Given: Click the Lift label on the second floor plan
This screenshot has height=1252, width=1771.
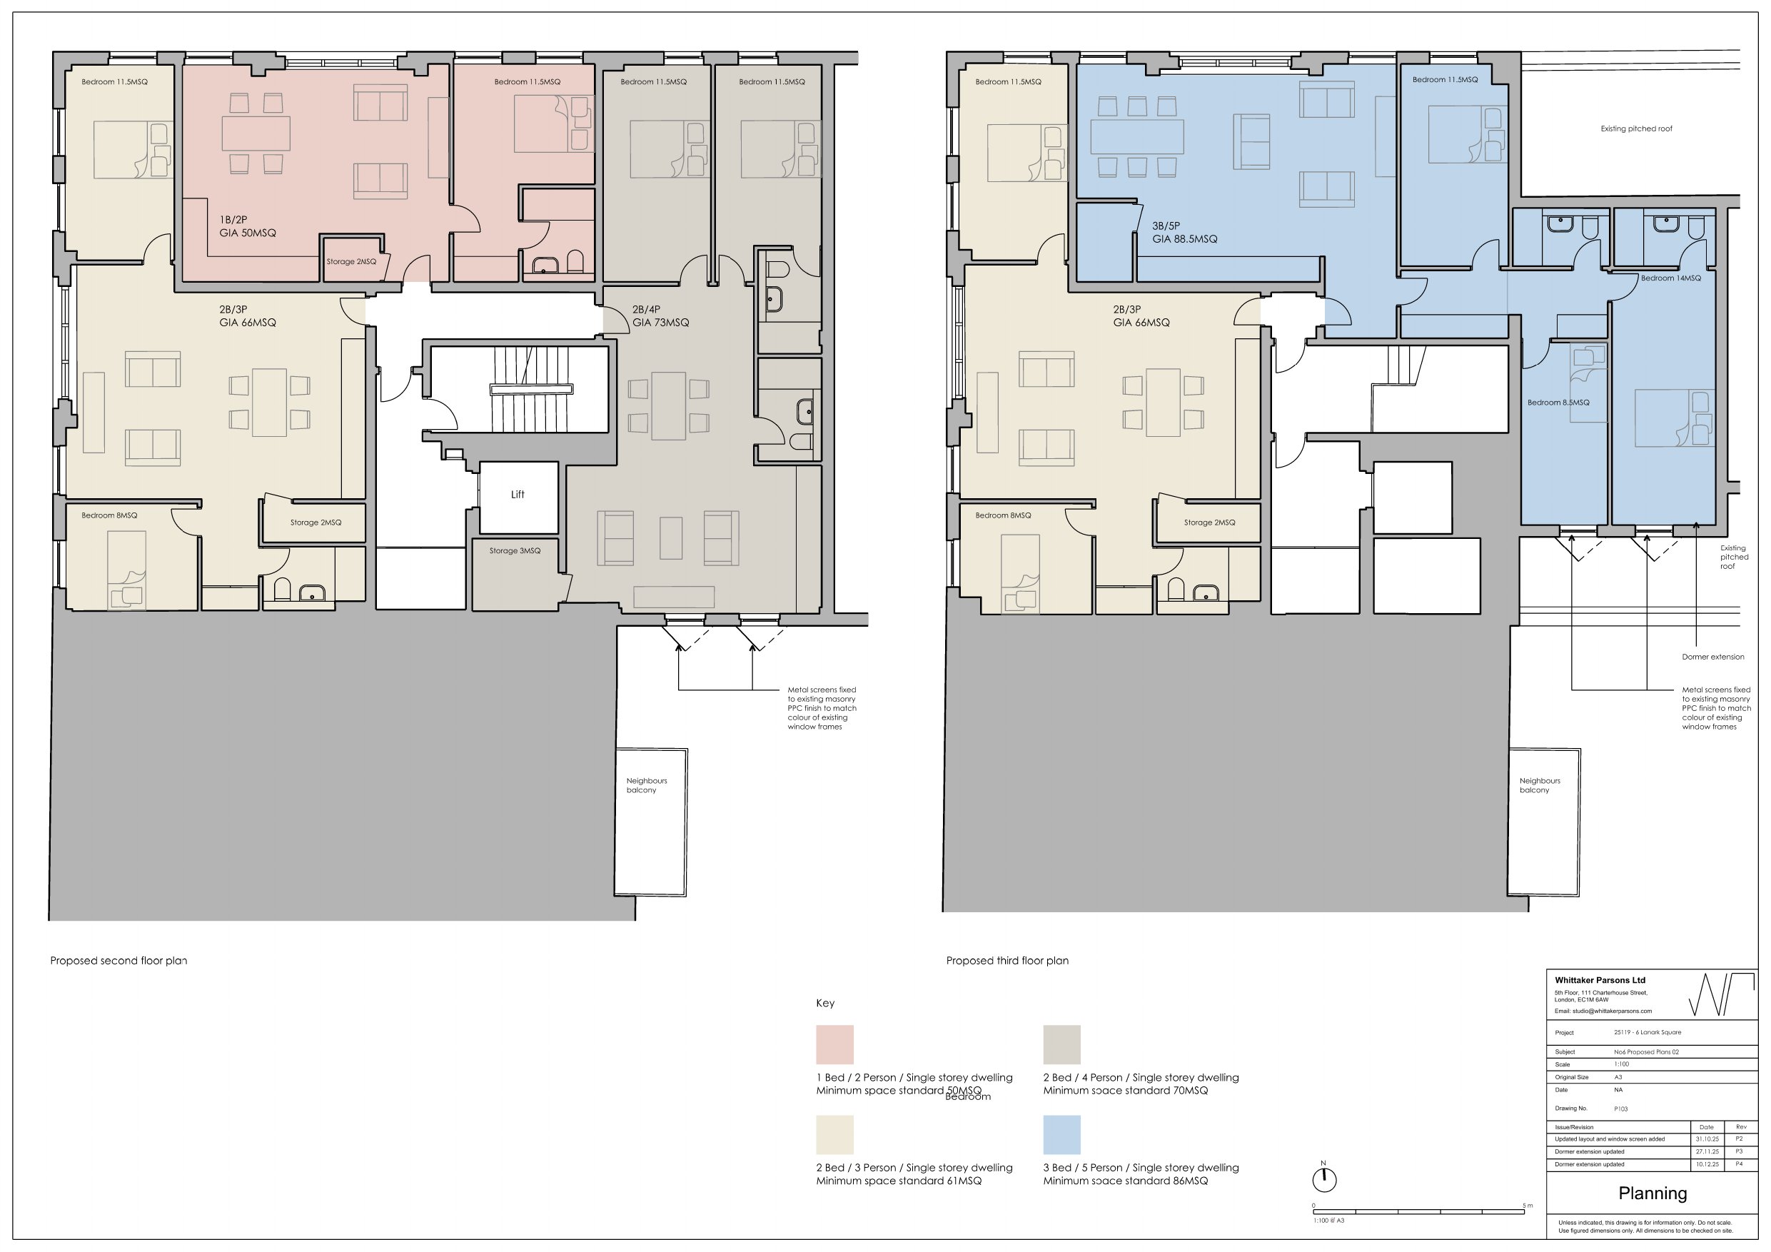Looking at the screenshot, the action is [518, 495].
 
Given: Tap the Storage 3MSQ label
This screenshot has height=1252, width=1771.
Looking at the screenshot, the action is [515, 551].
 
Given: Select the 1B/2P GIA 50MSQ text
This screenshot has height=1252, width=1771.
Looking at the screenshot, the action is [248, 226].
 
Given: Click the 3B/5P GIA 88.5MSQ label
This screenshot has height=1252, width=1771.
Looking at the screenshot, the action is [1185, 233].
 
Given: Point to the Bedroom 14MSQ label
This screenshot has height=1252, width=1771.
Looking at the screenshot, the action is [1671, 278].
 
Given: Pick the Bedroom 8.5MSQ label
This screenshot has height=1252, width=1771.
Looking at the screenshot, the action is [1558, 403].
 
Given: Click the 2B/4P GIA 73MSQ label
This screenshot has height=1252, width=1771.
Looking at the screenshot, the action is [661, 316].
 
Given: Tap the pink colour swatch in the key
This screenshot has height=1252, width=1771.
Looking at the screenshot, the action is [834, 1044].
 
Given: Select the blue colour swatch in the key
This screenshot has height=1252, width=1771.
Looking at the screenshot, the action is [1062, 1135].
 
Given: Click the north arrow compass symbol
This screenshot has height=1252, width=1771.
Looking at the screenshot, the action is [1324, 1178].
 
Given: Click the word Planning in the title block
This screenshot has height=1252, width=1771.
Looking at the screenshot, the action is [1653, 1193].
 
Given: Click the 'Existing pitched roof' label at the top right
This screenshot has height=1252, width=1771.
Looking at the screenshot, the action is [1637, 128].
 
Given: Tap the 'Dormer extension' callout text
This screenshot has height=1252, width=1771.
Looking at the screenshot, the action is [1713, 657].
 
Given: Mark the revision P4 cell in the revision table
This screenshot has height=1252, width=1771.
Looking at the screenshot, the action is [1740, 1164].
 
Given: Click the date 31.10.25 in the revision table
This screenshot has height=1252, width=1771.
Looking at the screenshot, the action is [1706, 1139].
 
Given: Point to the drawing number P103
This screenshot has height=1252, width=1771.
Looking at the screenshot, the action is [1620, 1109].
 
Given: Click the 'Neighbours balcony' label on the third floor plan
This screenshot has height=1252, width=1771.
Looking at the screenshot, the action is [1540, 785].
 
